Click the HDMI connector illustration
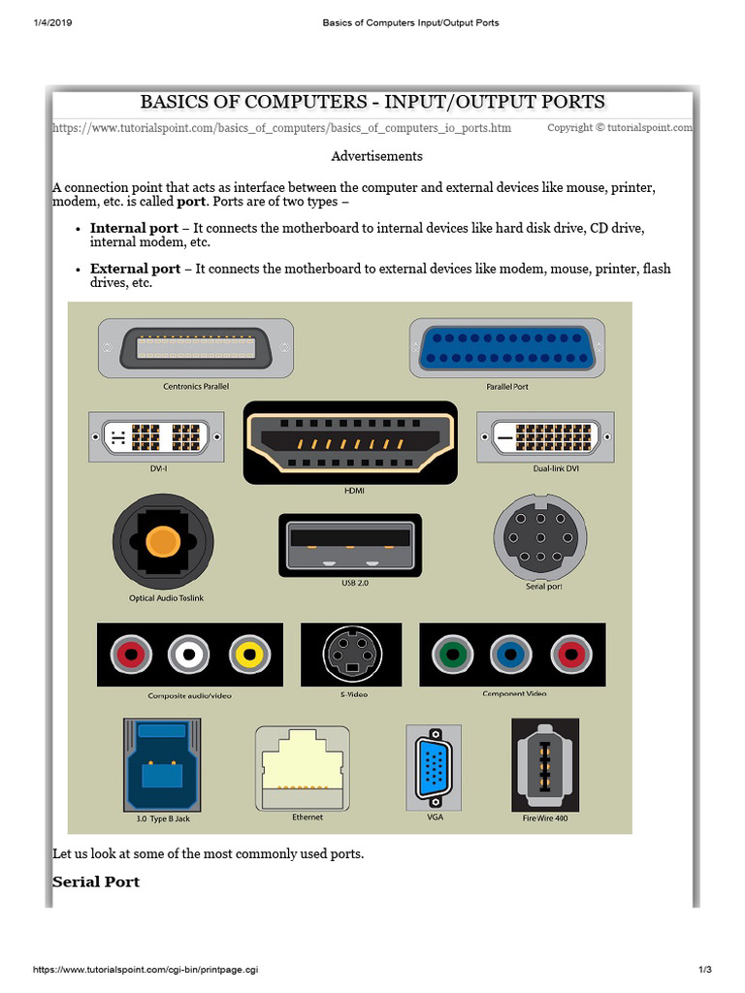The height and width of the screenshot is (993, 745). coord(350,442)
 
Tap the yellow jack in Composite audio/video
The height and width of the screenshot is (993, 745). coord(246,656)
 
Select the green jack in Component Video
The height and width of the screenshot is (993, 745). coord(448,655)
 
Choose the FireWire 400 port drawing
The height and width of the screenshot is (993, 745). coord(545,765)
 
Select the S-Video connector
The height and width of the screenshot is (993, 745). coord(350,654)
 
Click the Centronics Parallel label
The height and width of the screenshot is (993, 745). coord(196,386)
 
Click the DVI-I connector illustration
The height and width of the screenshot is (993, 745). coord(156,437)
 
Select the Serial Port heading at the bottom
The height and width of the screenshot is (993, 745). coord(96,881)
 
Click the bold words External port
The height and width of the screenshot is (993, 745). coord(135,269)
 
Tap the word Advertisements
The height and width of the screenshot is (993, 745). coord(376,155)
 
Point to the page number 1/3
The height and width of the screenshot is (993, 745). coord(705,970)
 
